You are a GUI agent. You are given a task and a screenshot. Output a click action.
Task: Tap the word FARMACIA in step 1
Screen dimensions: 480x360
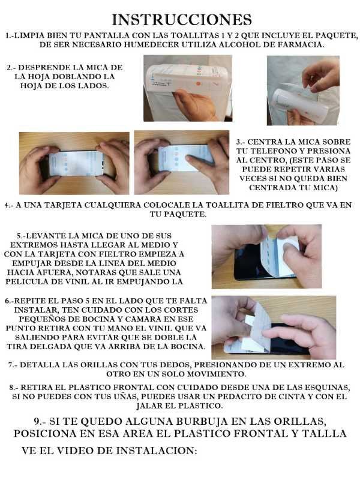pos(315,45)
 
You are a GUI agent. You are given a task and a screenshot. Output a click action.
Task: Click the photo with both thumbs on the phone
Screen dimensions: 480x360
pos(74,163)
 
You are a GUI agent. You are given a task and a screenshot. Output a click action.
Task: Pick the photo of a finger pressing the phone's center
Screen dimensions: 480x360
pos(181,163)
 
